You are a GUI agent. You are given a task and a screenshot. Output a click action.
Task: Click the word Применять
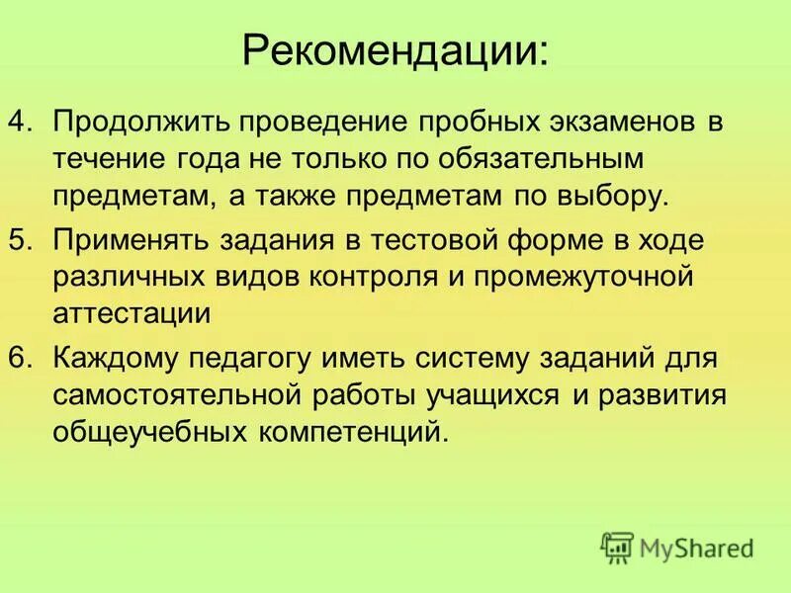[x=138, y=241]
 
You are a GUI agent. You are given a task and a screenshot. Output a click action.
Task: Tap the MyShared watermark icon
[x=617, y=547]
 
